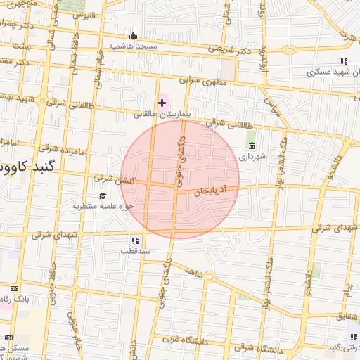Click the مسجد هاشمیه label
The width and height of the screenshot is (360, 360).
point(133,46)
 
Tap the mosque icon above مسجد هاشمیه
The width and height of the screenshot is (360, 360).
point(133,35)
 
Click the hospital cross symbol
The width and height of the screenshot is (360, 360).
point(162,103)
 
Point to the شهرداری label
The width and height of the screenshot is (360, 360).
point(252,157)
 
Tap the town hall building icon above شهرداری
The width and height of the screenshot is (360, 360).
point(252,146)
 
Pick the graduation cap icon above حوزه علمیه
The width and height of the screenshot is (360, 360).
point(103,195)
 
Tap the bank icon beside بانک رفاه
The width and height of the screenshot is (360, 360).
point(15,289)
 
